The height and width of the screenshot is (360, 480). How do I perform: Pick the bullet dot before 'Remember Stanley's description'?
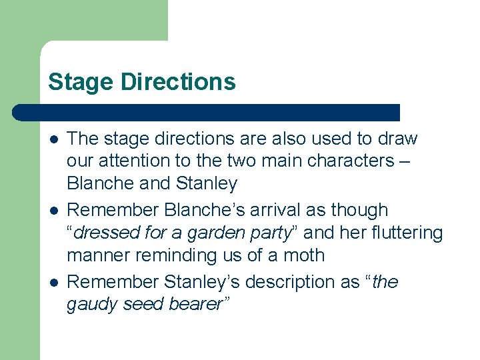click(53, 283)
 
